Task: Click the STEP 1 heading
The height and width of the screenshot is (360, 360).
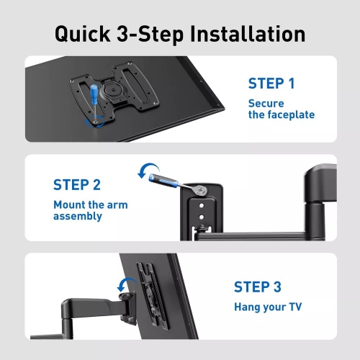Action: pos(271,83)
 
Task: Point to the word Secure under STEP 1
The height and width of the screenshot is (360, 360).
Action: pos(266,103)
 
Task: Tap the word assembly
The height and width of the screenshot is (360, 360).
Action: pos(78,217)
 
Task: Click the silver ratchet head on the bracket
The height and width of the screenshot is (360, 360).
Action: pos(199,191)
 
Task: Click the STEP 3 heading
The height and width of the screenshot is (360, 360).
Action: pos(257,287)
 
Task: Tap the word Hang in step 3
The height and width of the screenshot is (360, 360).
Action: pos(248,307)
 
